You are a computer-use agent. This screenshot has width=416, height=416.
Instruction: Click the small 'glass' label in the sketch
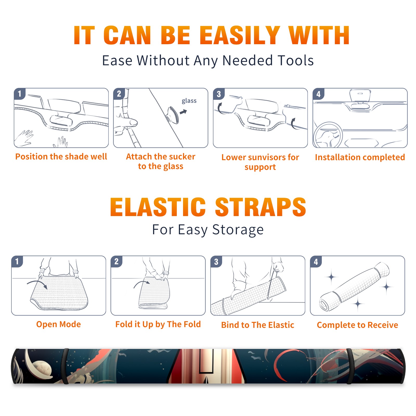pos(189,101)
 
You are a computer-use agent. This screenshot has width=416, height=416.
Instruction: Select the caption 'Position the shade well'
pos(61,157)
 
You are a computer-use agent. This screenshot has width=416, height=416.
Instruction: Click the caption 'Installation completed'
pos(360,157)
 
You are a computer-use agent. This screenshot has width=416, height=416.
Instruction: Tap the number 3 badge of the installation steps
pos(219,94)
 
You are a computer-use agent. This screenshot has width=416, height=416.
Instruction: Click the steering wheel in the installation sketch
pos(328,135)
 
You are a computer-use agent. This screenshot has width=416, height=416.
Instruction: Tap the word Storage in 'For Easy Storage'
pos(238,230)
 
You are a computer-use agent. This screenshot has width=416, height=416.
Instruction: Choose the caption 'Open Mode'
pos(58,324)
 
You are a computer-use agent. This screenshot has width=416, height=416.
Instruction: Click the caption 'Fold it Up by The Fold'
pos(158,324)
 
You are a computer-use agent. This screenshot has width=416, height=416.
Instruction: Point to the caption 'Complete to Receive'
pos(357,325)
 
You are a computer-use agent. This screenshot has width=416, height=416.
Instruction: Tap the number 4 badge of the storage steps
pos(316,262)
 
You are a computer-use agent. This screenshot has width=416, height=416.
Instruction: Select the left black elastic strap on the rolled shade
pos(65,366)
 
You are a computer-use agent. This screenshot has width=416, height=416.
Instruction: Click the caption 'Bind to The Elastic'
pos(258,325)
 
